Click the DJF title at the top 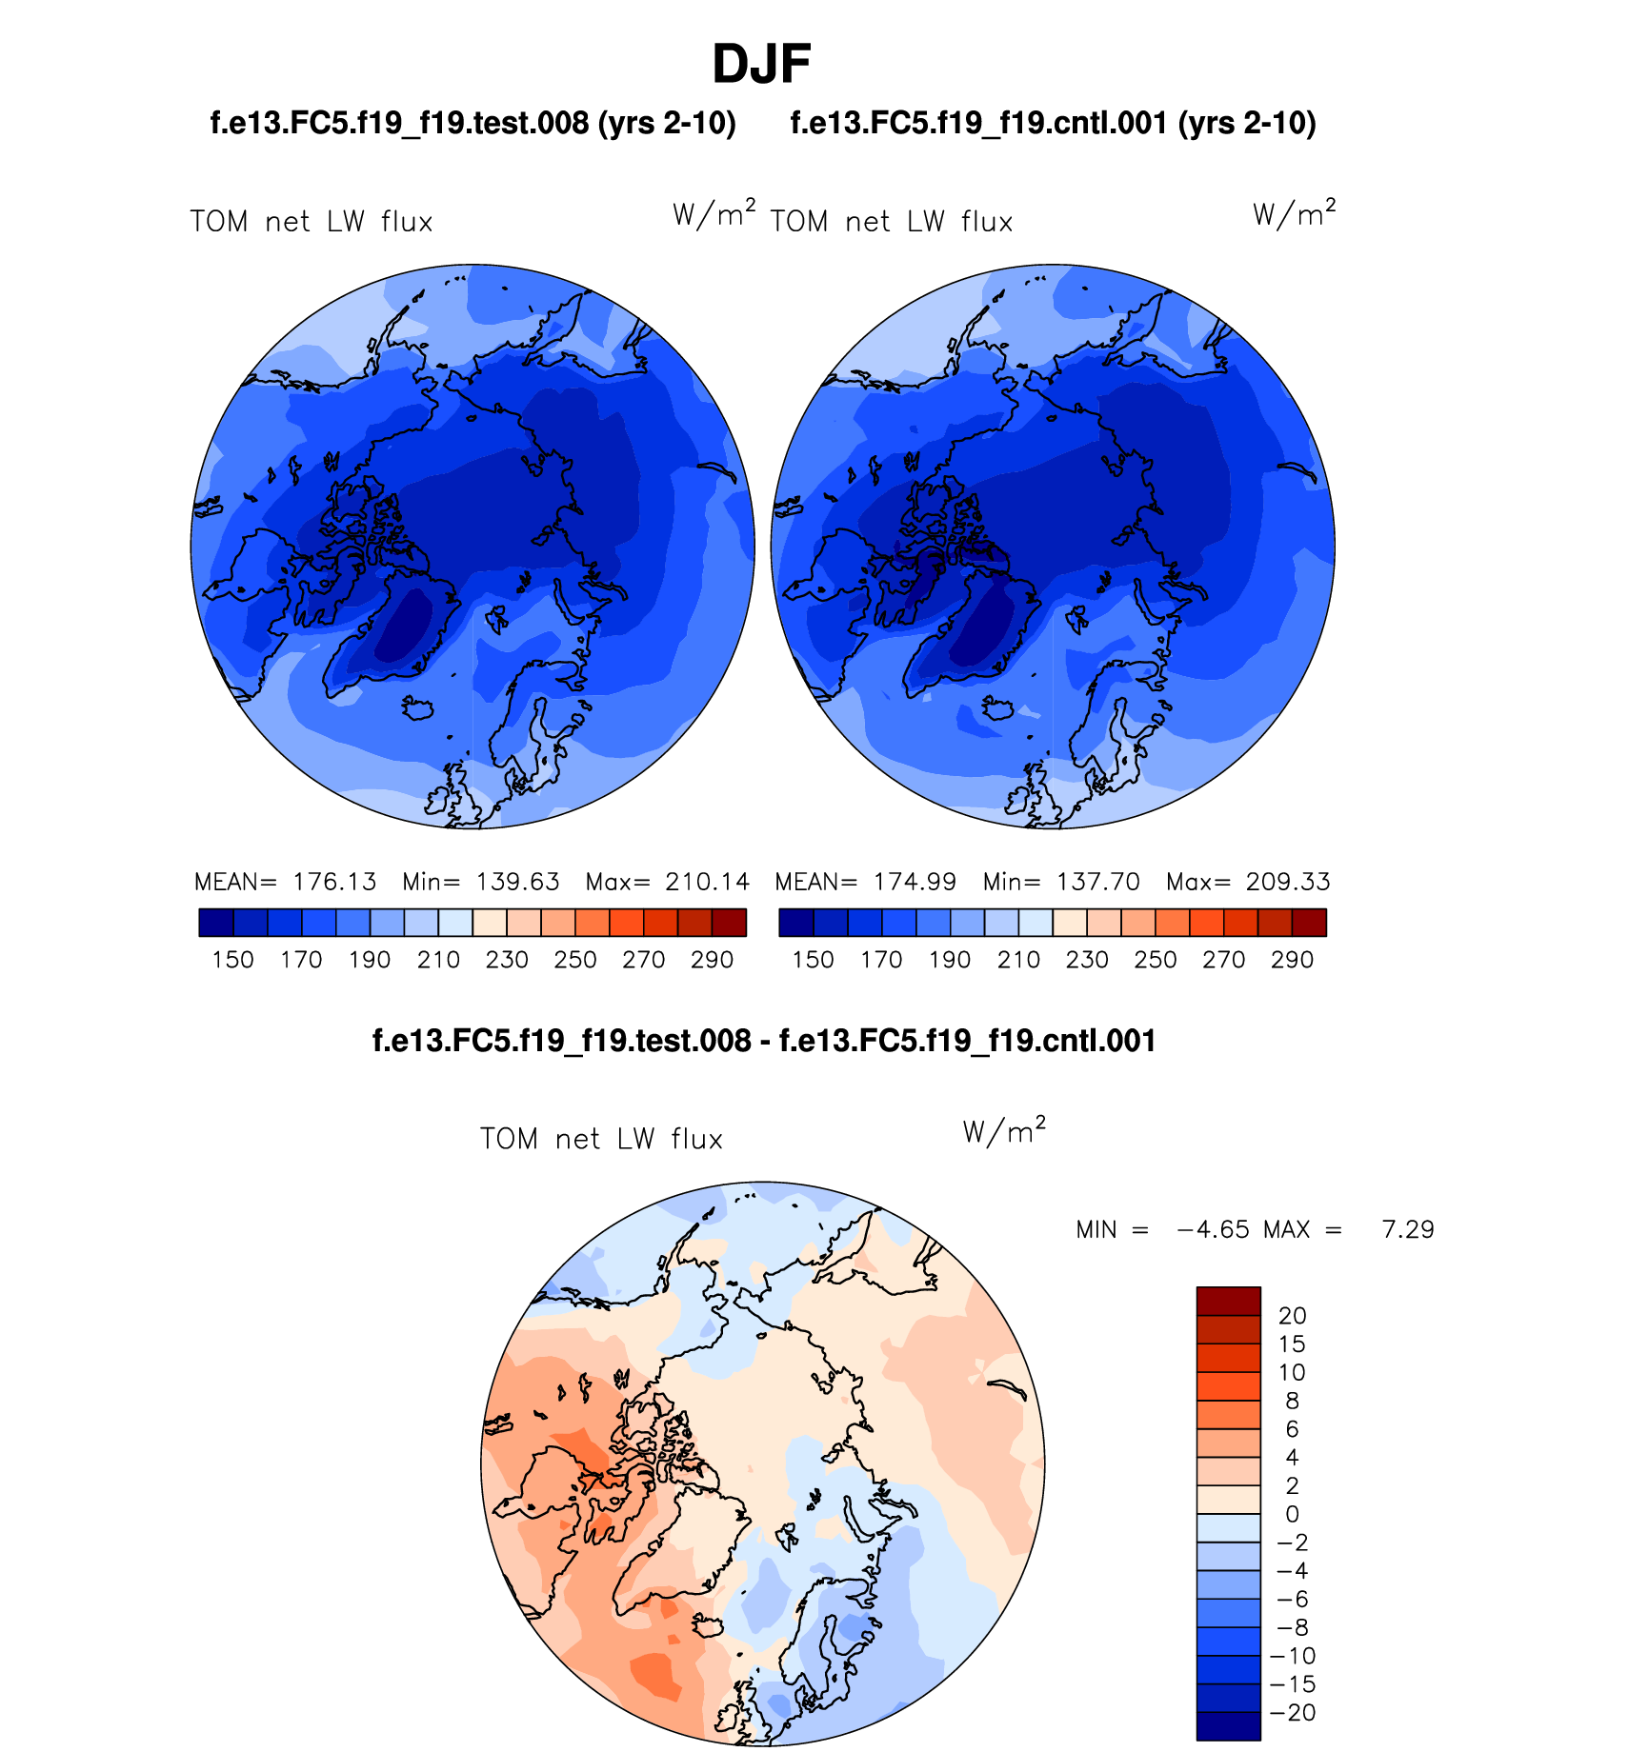click(761, 65)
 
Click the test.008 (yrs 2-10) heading click(473, 123)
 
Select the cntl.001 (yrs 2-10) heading click(1053, 123)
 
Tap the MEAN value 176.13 click(334, 882)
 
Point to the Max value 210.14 click(707, 882)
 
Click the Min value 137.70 click(1097, 882)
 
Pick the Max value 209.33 click(1287, 882)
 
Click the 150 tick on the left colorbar click(232, 960)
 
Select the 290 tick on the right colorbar click(1292, 960)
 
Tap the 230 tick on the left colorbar click(507, 960)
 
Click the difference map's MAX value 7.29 click(1407, 1230)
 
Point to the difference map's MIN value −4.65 click(1213, 1230)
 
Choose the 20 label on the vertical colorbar click(1292, 1316)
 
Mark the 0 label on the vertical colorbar click(1292, 1514)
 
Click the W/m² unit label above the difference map click(1004, 1132)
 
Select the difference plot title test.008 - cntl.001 click(763, 1041)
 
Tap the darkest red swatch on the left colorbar click(729, 923)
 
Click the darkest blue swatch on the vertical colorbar click(1228, 1726)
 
